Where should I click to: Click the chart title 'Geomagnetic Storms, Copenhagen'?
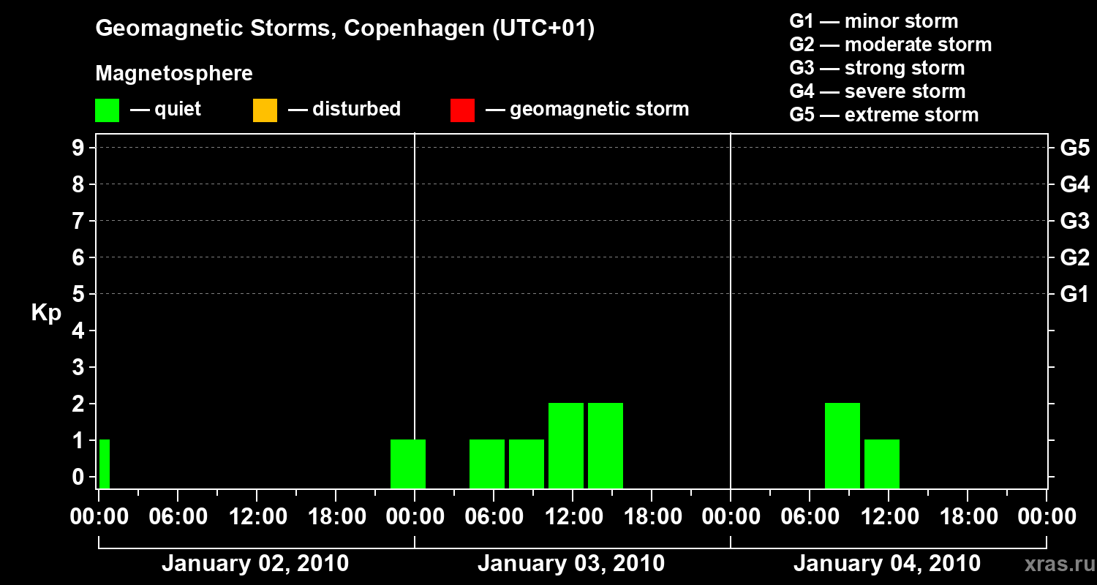pos(344,29)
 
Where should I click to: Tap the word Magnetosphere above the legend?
pos(174,74)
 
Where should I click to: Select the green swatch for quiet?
pos(107,110)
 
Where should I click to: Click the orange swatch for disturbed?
pos(265,110)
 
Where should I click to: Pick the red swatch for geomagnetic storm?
pos(462,110)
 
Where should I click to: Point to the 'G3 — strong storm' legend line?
pos(877,68)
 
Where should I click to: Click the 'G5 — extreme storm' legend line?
pos(883,115)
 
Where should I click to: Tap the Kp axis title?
pos(46,313)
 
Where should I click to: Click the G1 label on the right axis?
pos(1074,294)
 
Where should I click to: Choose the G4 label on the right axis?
pos(1074,184)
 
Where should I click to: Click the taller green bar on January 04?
pos(842,445)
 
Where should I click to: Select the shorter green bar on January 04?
pos(882,464)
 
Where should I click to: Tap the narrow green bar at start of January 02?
pos(105,464)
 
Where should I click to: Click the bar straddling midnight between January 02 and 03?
pos(408,464)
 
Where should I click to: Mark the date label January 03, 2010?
pos(571,564)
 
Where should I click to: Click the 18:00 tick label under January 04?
pos(967,517)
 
